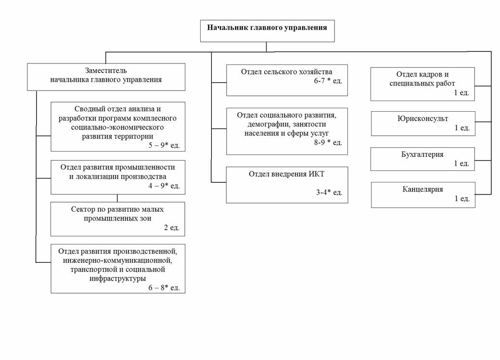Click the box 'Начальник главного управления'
point(267,31)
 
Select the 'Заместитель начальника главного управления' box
point(106,77)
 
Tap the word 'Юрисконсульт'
point(423,118)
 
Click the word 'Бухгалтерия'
point(422,154)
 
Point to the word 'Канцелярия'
point(423,190)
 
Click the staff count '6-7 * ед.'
point(328,81)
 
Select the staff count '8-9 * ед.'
point(328,142)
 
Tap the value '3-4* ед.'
point(329,193)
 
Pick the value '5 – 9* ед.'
point(164,145)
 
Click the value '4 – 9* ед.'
point(164,186)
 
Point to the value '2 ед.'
point(171,227)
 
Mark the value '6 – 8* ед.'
point(164,288)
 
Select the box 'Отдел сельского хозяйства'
point(287,80)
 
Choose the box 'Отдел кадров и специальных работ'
point(423,84)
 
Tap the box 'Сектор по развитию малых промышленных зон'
point(118,219)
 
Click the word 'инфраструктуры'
point(118,278)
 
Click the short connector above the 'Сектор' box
point(117,198)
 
